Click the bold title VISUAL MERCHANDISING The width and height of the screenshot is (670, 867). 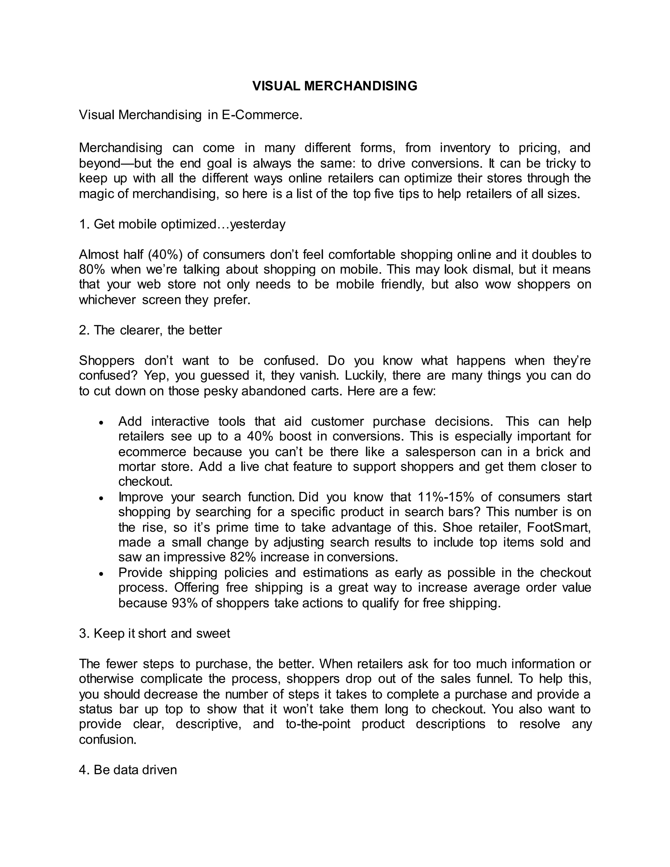point(335,86)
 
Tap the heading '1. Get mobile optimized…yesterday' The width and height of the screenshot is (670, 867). point(182,224)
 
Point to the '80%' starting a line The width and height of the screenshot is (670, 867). point(92,269)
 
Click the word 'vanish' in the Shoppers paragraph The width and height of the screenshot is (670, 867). point(320,375)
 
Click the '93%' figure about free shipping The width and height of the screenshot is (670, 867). point(185,603)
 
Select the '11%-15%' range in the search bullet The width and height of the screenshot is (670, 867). point(445,497)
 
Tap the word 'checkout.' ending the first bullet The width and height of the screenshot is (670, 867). point(145,482)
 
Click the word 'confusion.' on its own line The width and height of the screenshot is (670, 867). point(108,740)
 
